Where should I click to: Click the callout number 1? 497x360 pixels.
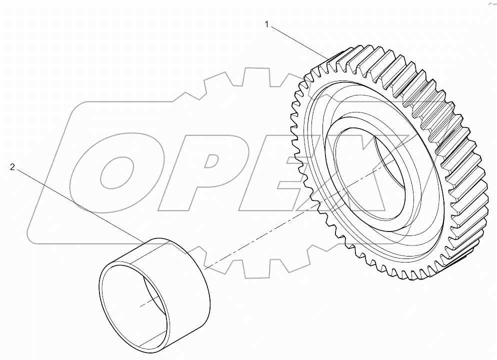click(268, 23)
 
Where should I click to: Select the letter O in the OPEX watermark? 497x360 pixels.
click(117, 170)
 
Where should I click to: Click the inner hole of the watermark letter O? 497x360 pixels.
click(117, 172)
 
